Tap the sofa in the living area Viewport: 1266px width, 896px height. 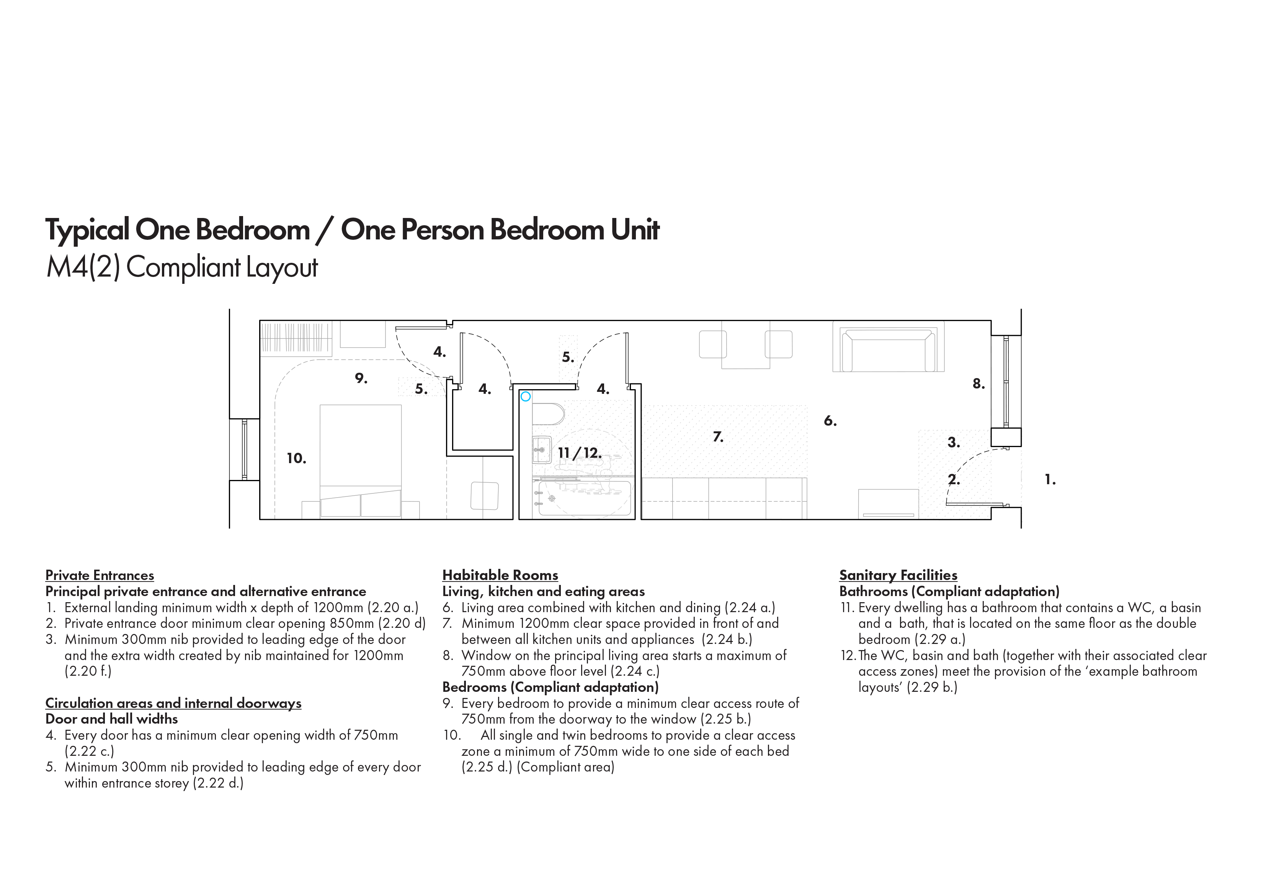(x=888, y=350)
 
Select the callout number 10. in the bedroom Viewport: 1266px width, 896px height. (x=297, y=458)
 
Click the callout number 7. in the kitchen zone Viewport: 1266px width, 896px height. (x=718, y=437)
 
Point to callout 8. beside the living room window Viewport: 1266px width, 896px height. (x=979, y=383)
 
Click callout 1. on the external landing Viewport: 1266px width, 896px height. (x=1050, y=480)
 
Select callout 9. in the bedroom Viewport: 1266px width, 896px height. (x=361, y=378)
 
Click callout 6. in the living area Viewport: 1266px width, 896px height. (x=830, y=421)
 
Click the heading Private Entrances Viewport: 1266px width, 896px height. (x=100, y=575)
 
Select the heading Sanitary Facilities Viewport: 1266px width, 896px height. (x=898, y=575)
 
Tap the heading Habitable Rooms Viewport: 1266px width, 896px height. (x=500, y=575)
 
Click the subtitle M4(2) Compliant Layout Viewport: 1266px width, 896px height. (x=182, y=268)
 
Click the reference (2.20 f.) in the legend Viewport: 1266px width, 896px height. (x=88, y=672)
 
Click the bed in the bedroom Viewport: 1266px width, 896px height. (x=361, y=461)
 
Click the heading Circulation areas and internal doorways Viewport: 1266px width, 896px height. (x=173, y=703)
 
